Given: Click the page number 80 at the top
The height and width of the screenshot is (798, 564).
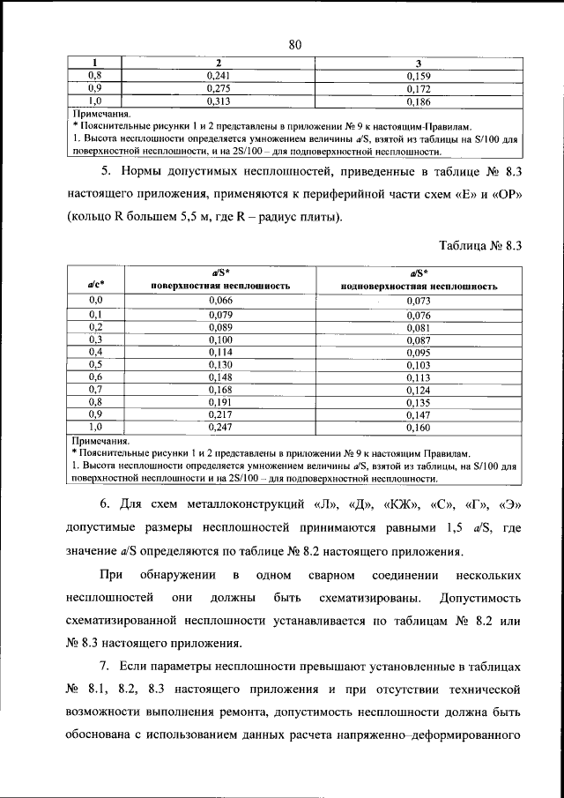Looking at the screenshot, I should pos(295,46).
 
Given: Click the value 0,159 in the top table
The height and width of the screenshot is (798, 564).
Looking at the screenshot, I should pos(417,77).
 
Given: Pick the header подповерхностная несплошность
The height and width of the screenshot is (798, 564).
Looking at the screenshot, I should pos(419,287).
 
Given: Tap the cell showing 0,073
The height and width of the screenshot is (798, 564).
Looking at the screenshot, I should pos(418,302).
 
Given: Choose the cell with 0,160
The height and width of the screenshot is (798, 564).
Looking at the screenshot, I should pos(418,427).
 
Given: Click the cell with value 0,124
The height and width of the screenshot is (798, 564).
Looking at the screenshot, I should pos(418,389).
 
